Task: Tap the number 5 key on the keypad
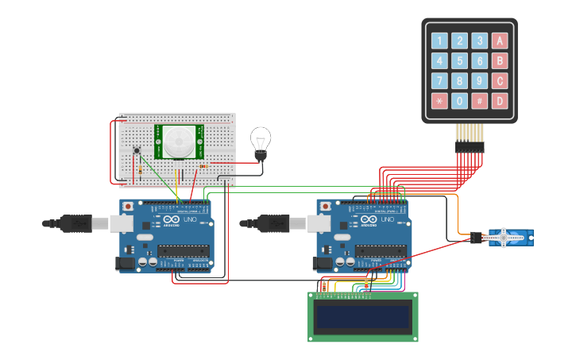pos(459,60)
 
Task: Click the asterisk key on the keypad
pos(439,101)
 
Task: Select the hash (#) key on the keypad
pos(479,101)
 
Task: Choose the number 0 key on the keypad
pos(459,101)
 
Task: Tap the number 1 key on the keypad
pos(439,41)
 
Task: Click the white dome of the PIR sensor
pos(179,142)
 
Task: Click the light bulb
pos(260,141)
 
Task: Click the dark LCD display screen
pos(363,317)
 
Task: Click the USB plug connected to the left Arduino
pos(75,224)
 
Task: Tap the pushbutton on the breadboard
pos(137,150)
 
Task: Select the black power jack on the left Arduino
pos(125,262)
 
